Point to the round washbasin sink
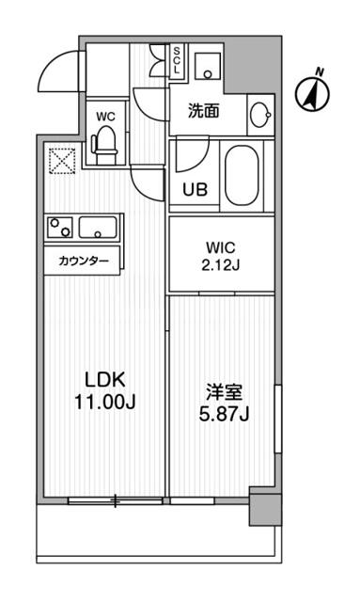261,115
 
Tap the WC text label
105,116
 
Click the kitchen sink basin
98,226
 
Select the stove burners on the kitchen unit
61,226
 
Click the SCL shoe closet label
177,61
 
